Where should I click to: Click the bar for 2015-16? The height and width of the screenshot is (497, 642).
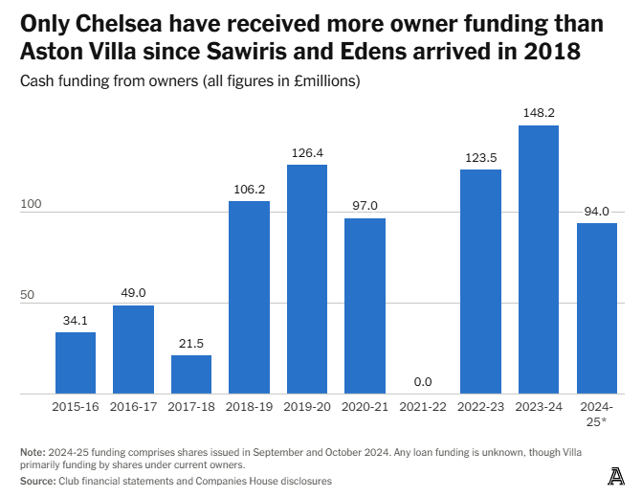pos(76,363)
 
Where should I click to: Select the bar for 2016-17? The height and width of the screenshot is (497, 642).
pos(133,350)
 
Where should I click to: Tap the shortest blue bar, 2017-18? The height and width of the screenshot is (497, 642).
pos(191,374)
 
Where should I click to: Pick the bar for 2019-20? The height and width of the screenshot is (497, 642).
pos(307,279)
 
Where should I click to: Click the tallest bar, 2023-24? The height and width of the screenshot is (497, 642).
pos(538,260)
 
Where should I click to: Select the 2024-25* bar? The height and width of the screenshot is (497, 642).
pos(596,308)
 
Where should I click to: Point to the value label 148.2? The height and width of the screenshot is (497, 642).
pos(538,113)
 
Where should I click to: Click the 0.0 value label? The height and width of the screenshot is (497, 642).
pos(422,382)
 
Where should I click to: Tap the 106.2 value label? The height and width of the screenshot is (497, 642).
pos(249,189)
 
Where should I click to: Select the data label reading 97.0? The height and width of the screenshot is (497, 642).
pos(365,206)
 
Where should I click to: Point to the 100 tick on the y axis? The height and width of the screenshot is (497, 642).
pos(32,204)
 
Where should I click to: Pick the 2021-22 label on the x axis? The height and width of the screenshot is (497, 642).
pos(422,407)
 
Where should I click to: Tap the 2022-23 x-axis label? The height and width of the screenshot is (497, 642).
pos(480,407)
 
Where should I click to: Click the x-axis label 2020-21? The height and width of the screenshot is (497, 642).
pos(365,407)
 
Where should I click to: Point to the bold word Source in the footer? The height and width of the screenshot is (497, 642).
pos(37,481)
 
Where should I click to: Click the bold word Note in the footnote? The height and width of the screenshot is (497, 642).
pos(33,452)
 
